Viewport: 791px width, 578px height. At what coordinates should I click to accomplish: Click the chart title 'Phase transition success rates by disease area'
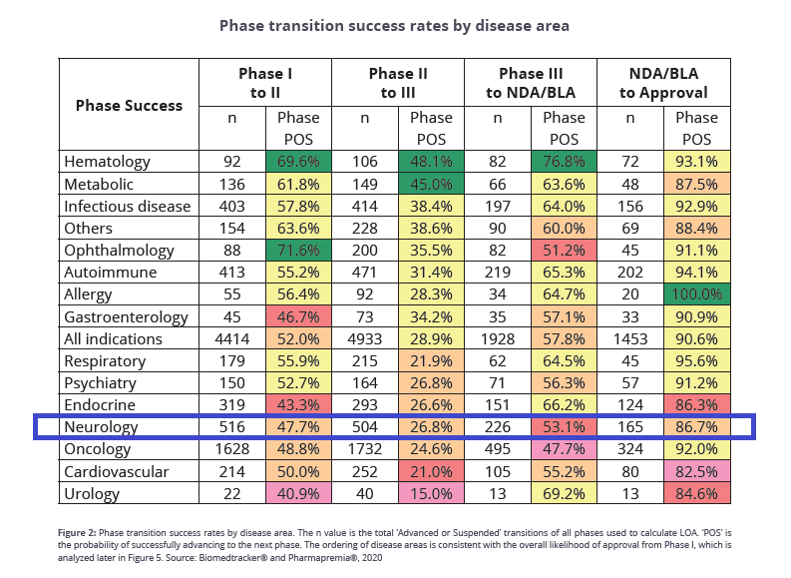[x=394, y=26]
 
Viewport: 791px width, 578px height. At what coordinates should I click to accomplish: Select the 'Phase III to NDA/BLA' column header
[x=531, y=83]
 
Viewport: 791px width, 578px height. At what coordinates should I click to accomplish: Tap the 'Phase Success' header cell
[x=129, y=105]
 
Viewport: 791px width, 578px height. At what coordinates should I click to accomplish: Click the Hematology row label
[x=107, y=162]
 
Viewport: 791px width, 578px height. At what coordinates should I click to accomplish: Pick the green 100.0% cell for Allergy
[x=697, y=293]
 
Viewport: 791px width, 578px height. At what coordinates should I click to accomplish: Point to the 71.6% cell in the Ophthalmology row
[x=298, y=250]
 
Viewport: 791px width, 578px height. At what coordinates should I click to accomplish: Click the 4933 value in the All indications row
[x=365, y=338]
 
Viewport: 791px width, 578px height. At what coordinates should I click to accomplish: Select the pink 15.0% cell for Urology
[x=431, y=493]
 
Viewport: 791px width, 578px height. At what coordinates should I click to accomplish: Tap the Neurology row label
[x=101, y=427]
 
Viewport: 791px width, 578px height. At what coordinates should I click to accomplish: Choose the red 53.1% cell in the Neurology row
[x=564, y=426]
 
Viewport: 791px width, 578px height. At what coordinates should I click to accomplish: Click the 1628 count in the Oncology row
[x=232, y=449]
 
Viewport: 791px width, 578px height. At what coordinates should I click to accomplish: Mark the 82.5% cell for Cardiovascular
[x=697, y=471]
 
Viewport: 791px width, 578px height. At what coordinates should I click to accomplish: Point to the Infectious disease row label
[x=127, y=206]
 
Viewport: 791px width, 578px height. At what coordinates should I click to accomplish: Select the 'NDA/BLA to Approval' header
[x=664, y=83]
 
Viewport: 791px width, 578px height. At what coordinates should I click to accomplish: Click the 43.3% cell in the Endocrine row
[x=298, y=405]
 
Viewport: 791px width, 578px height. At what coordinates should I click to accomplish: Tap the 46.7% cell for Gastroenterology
[x=298, y=316]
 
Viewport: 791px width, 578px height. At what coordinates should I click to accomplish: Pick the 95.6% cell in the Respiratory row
[x=697, y=360]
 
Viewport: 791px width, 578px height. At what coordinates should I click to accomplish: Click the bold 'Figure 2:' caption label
[x=77, y=532]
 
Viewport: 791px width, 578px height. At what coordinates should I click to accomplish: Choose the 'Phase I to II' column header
[x=265, y=83]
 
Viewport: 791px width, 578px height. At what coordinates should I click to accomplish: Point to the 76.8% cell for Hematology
[x=564, y=162]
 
